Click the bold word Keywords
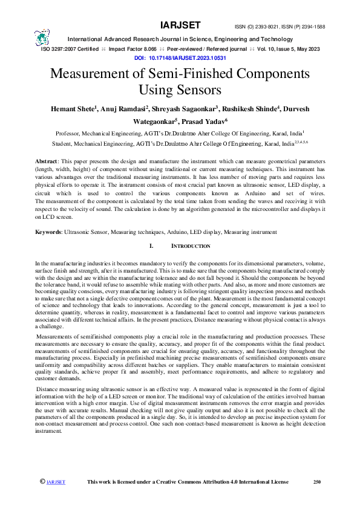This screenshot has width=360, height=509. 49,232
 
